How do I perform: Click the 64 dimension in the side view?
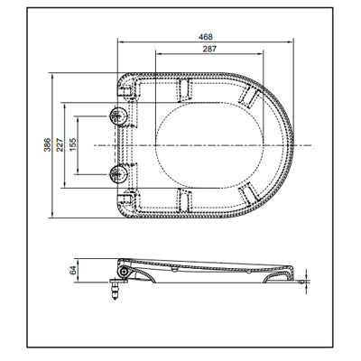click(x=75, y=268)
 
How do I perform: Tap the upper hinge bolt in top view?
click(x=116, y=116)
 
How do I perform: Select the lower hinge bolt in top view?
click(x=116, y=172)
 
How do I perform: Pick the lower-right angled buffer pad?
click(x=248, y=193)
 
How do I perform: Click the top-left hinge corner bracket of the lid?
click(x=128, y=87)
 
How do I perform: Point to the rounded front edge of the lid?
click(x=294, y=144)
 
